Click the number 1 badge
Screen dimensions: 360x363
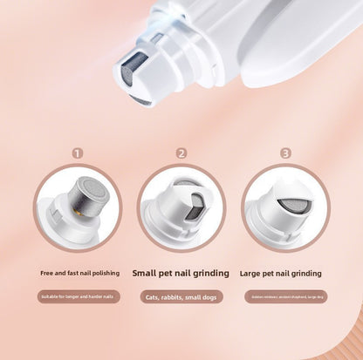pos(78,153)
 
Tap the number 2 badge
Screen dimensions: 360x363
pos(181,153)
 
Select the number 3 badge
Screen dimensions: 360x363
pos(285,153)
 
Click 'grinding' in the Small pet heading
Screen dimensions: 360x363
pos(210,273)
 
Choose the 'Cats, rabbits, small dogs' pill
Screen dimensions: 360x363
pos(181,296)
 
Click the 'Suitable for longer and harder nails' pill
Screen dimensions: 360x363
pos(78,296)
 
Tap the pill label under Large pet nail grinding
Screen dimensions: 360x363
pos(285,296)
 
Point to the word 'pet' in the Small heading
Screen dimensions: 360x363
pos(172,273)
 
